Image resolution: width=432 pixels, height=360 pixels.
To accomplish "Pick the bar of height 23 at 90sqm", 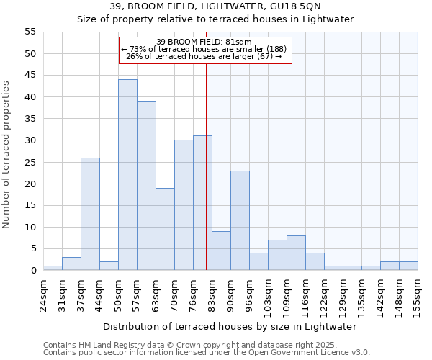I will [x=240, y=220].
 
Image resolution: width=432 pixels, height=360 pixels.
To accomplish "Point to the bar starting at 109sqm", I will [x=296, y=253].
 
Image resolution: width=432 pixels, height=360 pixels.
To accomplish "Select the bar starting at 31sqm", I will [x=71, y=264].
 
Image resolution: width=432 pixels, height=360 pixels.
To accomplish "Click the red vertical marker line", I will [x=207, y=180].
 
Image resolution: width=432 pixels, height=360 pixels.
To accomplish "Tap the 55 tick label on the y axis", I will [x=30, y=32].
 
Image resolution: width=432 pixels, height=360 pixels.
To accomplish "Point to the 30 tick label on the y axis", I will [x=30, y=140].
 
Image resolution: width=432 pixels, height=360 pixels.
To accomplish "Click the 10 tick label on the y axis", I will [x=30, y=228].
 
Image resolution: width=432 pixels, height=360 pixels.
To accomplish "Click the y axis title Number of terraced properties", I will [x=7, y=154].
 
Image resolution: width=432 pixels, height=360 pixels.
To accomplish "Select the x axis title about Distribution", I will [x=230, y=326].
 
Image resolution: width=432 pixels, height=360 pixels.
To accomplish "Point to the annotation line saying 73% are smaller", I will [x=204, y=49].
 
